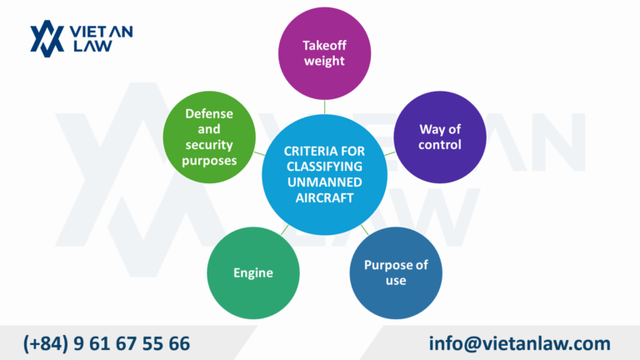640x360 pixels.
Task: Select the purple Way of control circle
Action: click(440, 137)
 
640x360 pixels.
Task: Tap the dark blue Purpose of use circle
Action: click(396, 272)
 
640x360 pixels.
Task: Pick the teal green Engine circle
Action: click(253, 272)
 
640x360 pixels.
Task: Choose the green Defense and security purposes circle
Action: click(208, 136)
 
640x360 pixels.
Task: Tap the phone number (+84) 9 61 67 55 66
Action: click(107, 342)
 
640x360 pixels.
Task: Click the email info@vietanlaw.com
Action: click(520, 342)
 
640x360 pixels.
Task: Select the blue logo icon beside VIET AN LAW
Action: click(47, 37)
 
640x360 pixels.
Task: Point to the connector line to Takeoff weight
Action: click(325, 107)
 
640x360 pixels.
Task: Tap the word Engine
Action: click(253, 272)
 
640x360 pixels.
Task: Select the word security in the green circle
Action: click(209, 144)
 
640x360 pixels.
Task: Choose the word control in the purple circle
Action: click(440, 144)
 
